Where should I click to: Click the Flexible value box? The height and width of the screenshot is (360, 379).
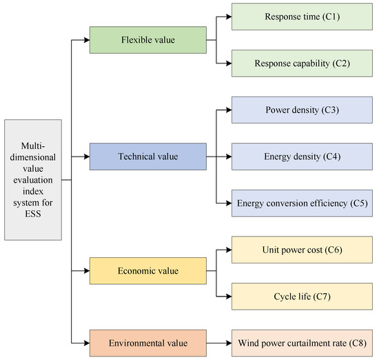pos(148,40)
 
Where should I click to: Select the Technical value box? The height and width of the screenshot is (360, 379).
pos(148,157)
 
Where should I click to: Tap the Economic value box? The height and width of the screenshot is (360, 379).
pos(148,271)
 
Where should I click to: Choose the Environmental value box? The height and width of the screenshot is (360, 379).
pos(148,342)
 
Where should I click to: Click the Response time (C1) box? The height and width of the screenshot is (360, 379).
pos(301,16)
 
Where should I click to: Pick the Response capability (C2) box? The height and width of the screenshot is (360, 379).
pos(301,63)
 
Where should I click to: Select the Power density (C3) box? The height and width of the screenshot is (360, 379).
pos(301,110)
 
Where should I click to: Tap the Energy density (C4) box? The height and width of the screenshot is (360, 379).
pos(301,157)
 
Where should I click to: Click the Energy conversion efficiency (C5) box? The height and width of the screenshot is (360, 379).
pos(301,203)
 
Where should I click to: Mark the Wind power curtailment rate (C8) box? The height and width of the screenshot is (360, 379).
pos(301,342)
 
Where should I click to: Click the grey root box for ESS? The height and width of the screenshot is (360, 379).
pos(32,181)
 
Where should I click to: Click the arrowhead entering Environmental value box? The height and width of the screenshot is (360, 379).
pos(86,342)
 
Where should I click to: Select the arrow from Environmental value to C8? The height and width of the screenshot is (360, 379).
pos(218,342)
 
